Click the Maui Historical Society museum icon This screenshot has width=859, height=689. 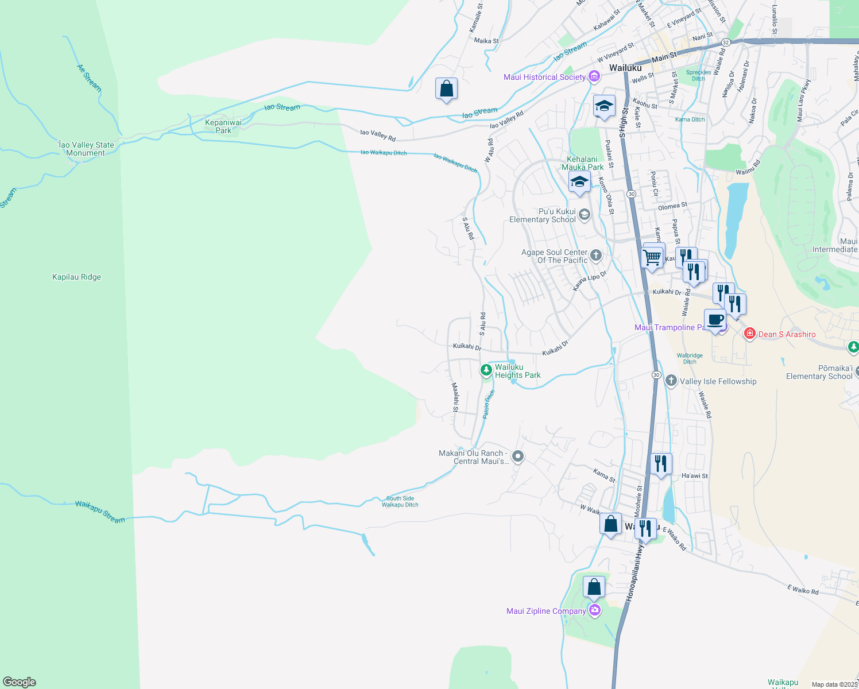point(594,77)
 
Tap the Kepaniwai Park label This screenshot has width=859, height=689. point(223,126)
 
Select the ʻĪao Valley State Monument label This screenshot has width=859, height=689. point(86,149)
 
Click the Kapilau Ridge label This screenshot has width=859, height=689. point(76,277)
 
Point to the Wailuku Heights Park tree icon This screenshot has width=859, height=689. point(486,369)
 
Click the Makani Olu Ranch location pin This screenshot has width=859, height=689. point(518,456)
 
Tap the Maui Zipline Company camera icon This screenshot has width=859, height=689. point(595,610)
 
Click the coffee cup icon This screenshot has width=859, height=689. point(715,319)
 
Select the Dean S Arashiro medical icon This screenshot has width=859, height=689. point(749,334)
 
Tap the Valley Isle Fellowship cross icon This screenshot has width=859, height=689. point(671,381)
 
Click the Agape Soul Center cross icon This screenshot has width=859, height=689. point(596,256)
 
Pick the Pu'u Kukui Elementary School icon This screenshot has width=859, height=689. point(584,215)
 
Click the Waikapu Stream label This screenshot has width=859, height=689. point(100,512)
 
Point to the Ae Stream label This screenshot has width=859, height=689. point(90,78)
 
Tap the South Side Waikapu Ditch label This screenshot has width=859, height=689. point(400,502)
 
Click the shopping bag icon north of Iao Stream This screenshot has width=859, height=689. point(446,90)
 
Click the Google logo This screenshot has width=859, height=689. point(20,682)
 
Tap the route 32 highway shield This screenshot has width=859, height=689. point(726,42)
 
